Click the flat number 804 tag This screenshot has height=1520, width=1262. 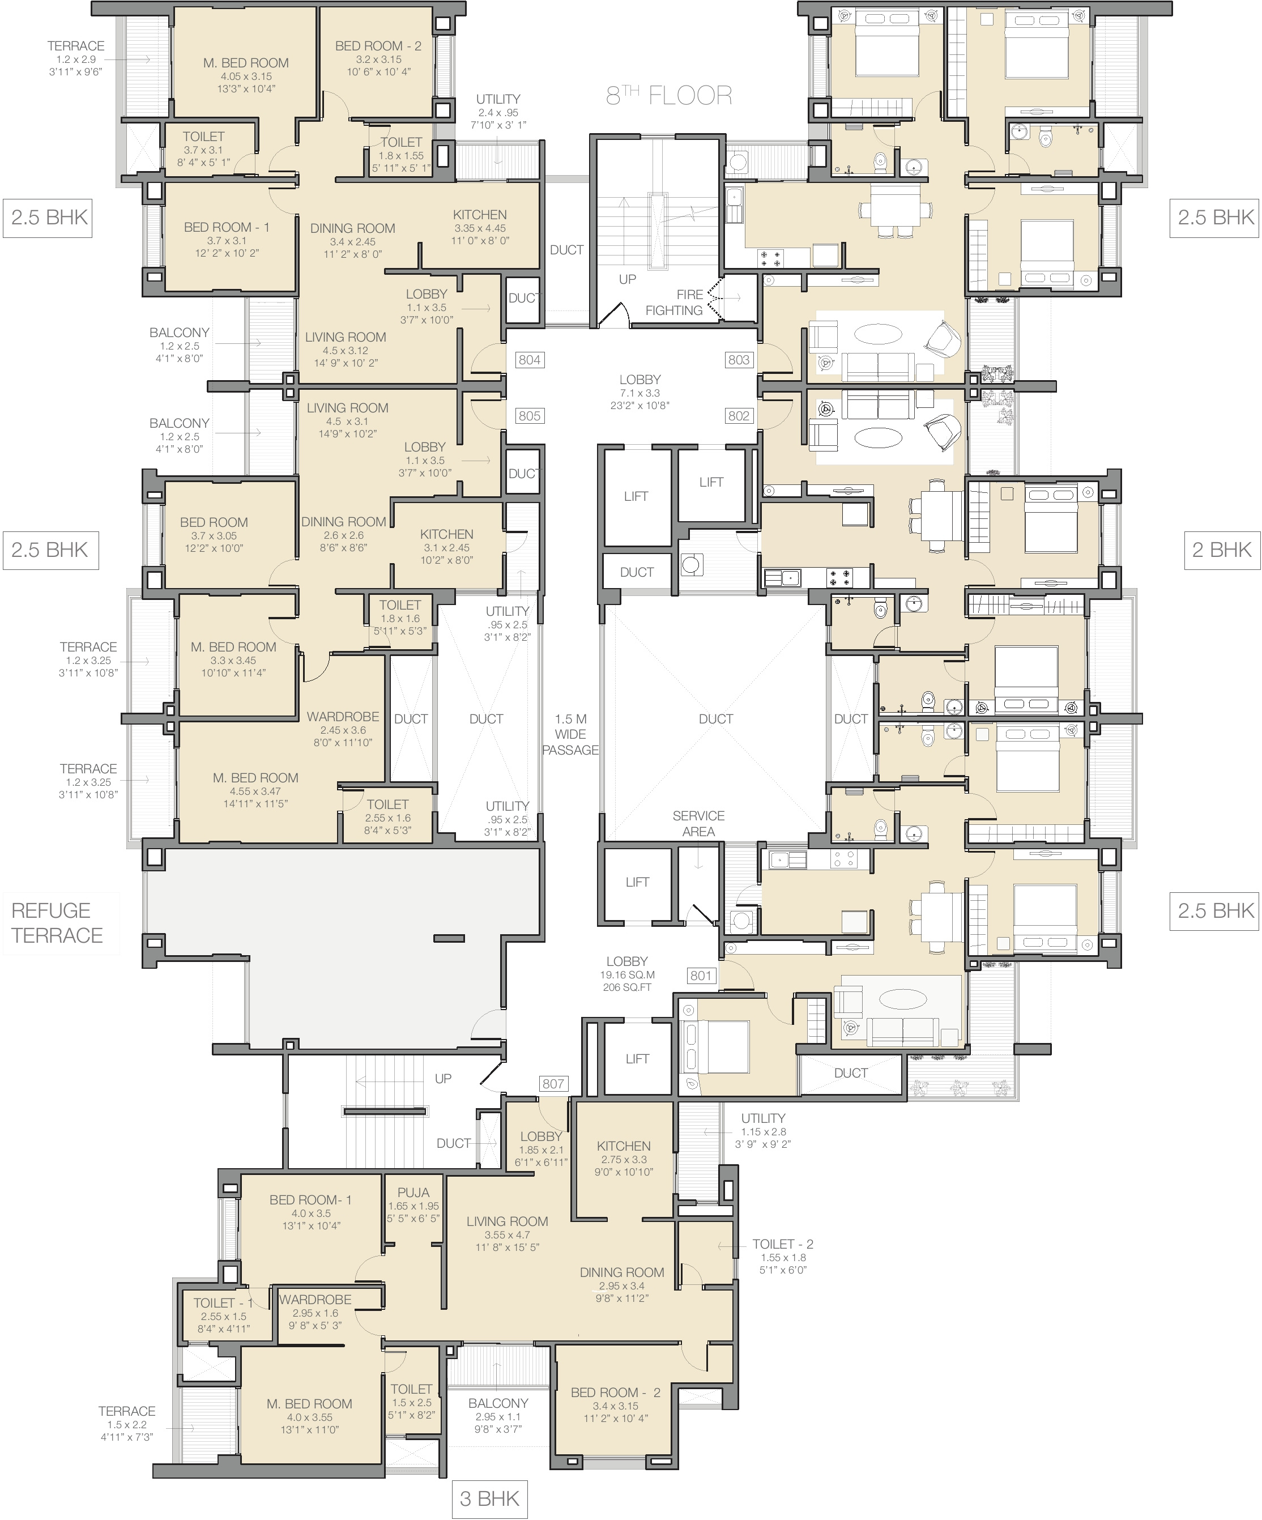530,360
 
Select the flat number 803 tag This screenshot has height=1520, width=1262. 739,360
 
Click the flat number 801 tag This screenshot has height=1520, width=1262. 701,976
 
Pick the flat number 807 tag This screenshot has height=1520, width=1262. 553,1084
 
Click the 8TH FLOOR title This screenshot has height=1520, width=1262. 668,95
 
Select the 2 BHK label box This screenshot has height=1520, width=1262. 1221,550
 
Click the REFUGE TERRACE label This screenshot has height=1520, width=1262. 57,923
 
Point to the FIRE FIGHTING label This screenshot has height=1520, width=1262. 675,303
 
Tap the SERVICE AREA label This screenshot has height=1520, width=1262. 698,824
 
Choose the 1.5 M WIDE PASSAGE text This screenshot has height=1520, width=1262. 570,735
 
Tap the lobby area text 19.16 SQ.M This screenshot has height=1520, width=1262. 626,975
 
